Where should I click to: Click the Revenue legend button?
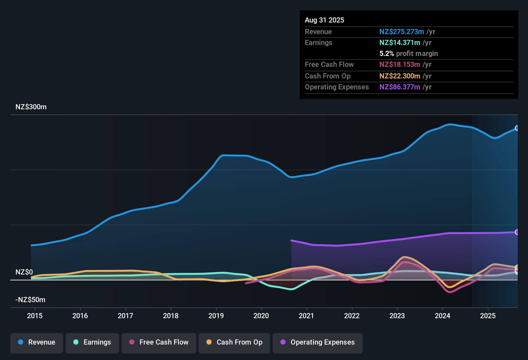tap(37, 342)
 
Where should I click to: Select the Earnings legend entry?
tap(92, 342)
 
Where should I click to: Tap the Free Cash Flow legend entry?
tap(159, 342)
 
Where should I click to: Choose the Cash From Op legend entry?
tap(234, 342)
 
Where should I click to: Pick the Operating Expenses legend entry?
tap(318, 342)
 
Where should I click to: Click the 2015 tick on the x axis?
tap(35, 316)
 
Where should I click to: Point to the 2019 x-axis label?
tap(216, 316)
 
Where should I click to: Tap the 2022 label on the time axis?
tap(352, 316)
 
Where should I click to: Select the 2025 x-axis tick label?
tap(488, 316)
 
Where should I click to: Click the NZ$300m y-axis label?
tap(31, 107)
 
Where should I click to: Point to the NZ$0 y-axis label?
tap(24, 272)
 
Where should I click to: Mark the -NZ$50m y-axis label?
tap(30, 300)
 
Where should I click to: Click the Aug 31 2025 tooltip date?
tap(324, 20)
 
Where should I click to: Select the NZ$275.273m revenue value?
tap(402, 32)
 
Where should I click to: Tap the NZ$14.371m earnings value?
tap(400, 43)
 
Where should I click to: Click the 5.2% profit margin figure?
tap(387, 54)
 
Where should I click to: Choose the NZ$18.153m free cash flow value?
tap(400, 65)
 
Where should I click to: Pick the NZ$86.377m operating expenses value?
tap(400, 87)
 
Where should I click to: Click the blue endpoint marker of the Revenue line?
tap(517, 128)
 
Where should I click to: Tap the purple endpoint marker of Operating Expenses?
tap(517, 232)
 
